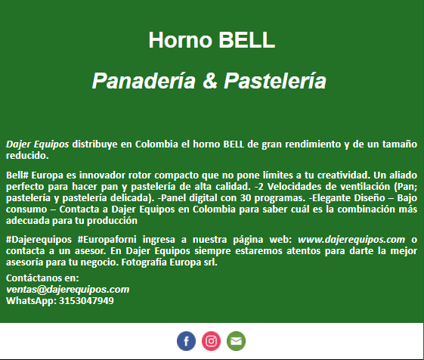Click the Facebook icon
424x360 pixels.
pyautogui.click(x=187, y=341)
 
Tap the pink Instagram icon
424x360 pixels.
pyautogui.click(x=211, y=341)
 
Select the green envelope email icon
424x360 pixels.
pyautogui.click(x=236, y=341)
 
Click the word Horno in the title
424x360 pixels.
pyautogui.click(x=181, y=40)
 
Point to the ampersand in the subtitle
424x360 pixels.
pyautogui.click(x=210, y=80)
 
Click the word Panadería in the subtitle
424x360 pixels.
pyautogui.click(x=144, y=80)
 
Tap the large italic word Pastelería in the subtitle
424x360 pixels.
pyautogui.click(x=275, y=80)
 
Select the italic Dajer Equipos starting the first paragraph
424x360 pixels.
pyautogui.click(x=38, y=144)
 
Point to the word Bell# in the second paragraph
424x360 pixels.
pyautogui.click(x=17, y=175)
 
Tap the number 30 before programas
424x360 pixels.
pyautogui.click(x=246, y=198)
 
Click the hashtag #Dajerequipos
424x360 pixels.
pyautogui.click(x=39, y=240)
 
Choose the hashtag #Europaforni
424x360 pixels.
pyautogui.click(x=107, y=240)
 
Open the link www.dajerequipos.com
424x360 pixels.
pyautogui.click(x=351, y=240)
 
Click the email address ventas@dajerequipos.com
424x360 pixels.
pyautogui.click(x=67, y=290)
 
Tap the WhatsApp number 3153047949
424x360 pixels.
pyautogui.click(x=86, y=301)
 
